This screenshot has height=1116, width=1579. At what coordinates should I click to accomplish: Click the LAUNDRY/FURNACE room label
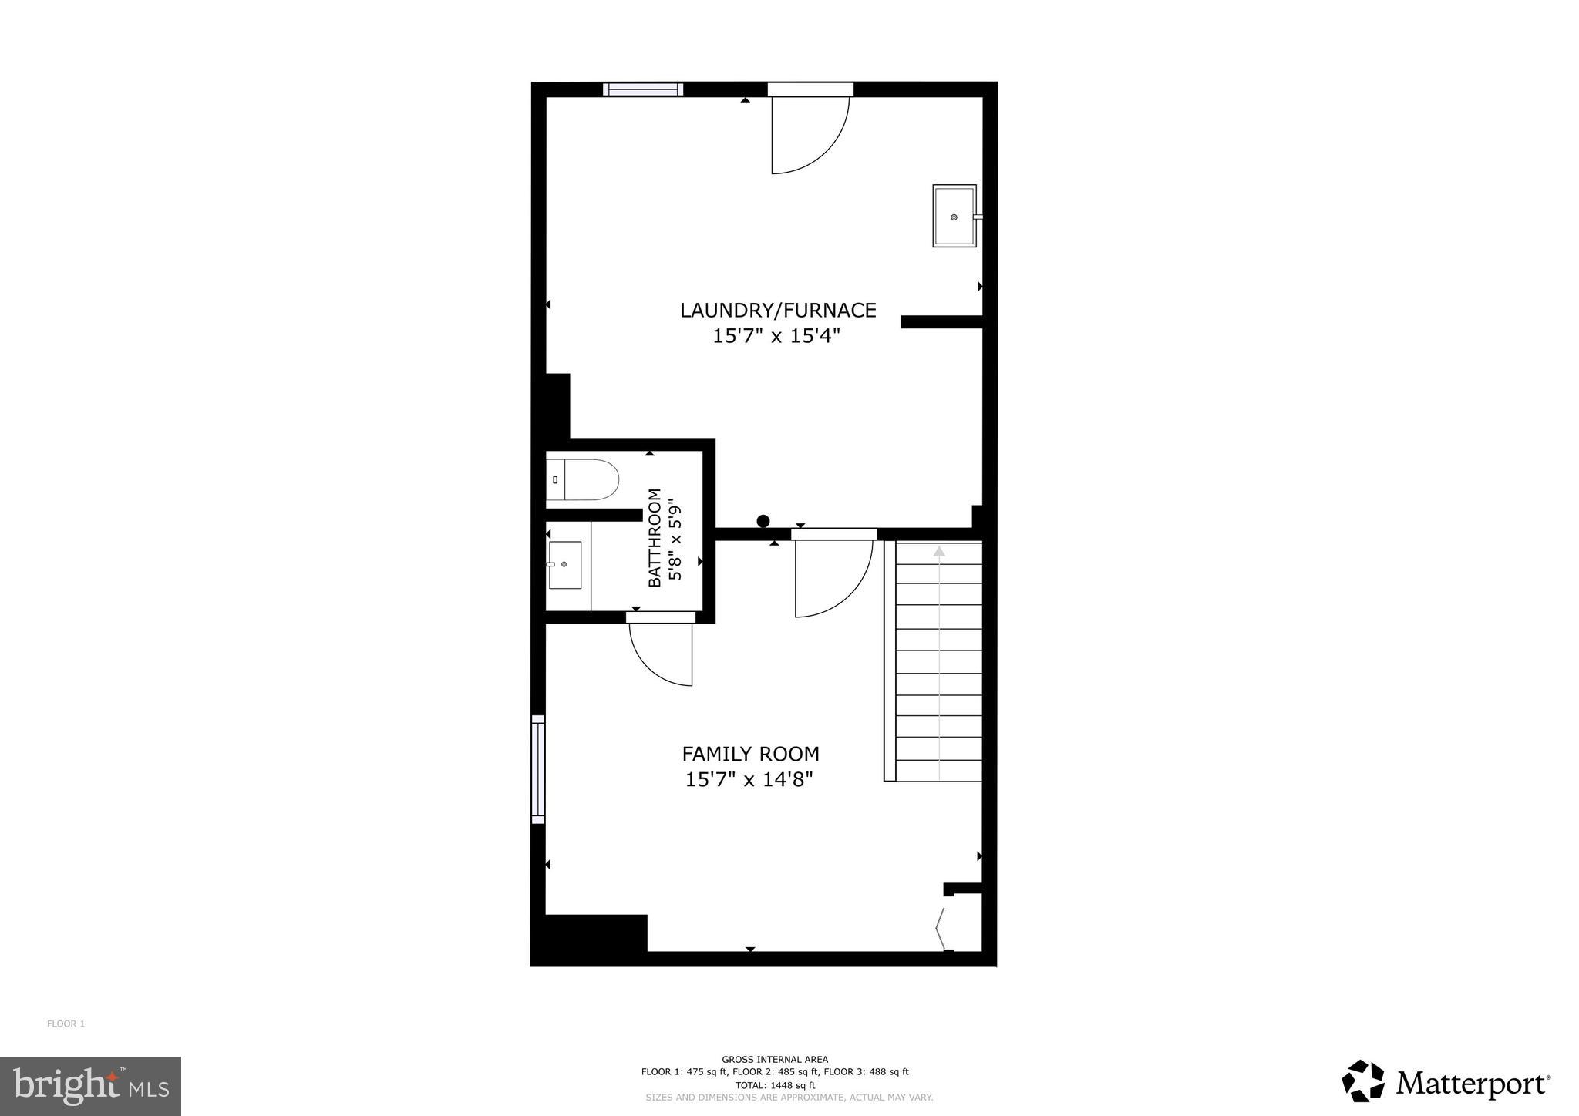(777, 310)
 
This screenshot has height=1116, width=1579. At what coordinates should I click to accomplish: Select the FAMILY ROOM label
(750, 754)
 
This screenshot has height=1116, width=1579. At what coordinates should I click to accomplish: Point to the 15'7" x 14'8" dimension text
(749, 780)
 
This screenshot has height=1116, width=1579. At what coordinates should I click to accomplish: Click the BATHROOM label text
(655, 537)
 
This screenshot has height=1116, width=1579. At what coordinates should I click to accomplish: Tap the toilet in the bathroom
(584, 479)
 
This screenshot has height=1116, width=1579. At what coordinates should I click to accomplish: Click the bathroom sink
(565, 565)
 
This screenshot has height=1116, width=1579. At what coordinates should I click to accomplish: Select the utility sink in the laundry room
(954, 216)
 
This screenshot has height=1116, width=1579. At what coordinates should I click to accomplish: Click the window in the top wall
(643, 89)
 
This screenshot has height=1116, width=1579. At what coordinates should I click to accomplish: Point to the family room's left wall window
(538, 768)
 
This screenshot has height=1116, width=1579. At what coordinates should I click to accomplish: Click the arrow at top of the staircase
(939, 552)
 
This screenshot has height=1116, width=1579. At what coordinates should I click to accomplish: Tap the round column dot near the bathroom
(763, 521)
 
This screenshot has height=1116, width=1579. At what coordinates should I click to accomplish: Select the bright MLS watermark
(90, 1086)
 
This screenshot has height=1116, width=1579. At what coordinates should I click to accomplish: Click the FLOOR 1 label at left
(66, 1024)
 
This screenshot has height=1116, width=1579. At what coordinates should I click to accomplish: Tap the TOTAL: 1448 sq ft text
(775, 1084)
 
